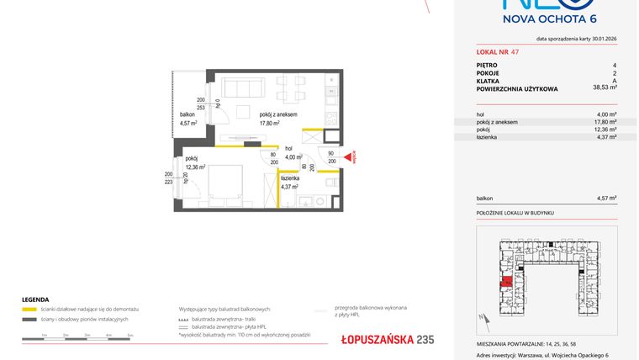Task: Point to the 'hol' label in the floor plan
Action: click(x=289, y=147)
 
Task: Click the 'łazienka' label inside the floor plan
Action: click(x=289, y=178)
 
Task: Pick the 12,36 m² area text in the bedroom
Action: click(x=195, y=167)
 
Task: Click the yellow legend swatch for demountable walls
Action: click(x=29, y=309)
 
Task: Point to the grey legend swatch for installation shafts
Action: click(x=29, y=320)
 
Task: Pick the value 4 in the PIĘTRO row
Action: click(x=615, y=65)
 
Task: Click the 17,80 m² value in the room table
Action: click(x=605, y=122)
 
